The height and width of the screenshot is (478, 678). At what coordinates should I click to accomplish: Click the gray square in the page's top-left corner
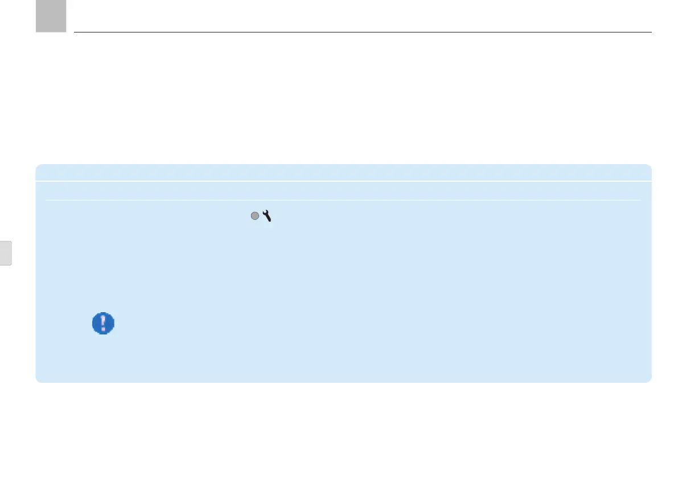coord(51,15)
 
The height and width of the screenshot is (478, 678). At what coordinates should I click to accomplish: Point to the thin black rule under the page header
coord(363,32)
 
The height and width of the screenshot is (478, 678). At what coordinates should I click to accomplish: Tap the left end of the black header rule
coord(75,32)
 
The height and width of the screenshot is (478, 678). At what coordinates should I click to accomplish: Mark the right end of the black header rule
coord(651,32)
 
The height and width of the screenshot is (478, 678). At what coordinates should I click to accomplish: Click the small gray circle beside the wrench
coord(255,216)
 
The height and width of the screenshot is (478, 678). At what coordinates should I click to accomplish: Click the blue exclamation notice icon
coord(103,324)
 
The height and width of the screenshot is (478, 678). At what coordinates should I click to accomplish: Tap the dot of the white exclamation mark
coord(103,329)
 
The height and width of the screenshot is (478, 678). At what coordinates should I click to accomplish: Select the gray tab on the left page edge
coord(5,252)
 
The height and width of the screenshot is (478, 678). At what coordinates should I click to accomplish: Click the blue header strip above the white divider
coord(343,173)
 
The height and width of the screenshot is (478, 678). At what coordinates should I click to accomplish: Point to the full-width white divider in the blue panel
coord(343,182)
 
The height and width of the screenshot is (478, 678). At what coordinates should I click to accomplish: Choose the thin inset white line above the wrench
coord(343,200)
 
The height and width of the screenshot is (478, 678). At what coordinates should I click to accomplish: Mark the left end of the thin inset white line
coord(47,200)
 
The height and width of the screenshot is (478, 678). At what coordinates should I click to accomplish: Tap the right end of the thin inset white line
coord(640,200)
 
